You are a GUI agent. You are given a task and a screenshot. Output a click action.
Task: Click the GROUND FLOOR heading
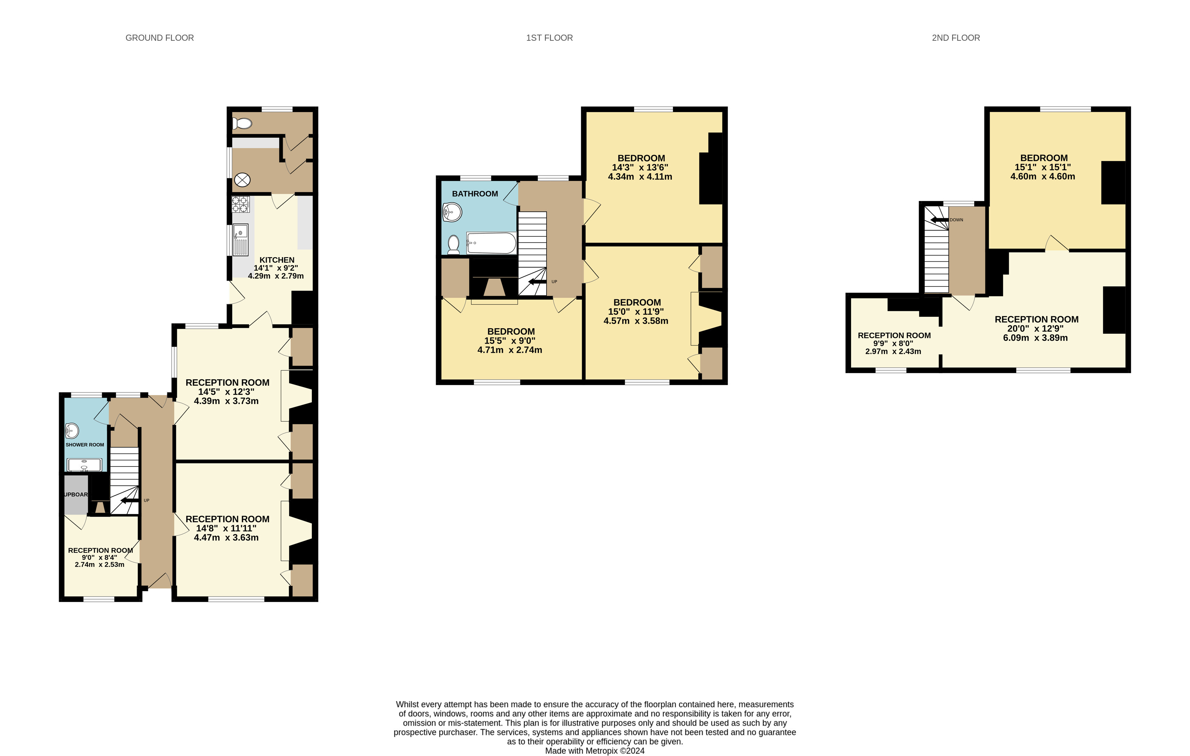159,38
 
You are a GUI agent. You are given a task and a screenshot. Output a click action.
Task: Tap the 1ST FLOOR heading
550,38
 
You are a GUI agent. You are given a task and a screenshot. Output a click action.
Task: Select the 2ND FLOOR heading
956,38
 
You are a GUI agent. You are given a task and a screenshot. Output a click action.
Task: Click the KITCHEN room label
277,260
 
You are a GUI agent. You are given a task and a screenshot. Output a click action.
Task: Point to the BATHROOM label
475,194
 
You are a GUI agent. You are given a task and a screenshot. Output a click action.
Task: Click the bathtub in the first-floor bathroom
491,243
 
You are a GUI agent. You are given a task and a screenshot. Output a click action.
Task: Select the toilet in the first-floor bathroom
453,245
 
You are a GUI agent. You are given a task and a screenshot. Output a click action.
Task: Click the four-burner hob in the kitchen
241,204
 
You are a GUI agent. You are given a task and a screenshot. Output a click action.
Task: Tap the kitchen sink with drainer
241,240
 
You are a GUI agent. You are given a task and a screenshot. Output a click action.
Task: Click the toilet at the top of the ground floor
242,124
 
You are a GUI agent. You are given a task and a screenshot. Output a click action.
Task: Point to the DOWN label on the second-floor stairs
956,220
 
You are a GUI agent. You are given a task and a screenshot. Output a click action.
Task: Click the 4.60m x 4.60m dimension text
1043,177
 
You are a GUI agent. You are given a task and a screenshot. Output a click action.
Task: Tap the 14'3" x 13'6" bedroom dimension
640,168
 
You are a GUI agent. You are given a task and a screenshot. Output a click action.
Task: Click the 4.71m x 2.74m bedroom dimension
510,350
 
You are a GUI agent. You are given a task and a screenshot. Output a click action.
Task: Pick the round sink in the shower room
72,431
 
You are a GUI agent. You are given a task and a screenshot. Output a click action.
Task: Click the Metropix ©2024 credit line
595,751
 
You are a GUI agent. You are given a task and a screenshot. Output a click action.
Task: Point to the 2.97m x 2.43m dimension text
893,352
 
